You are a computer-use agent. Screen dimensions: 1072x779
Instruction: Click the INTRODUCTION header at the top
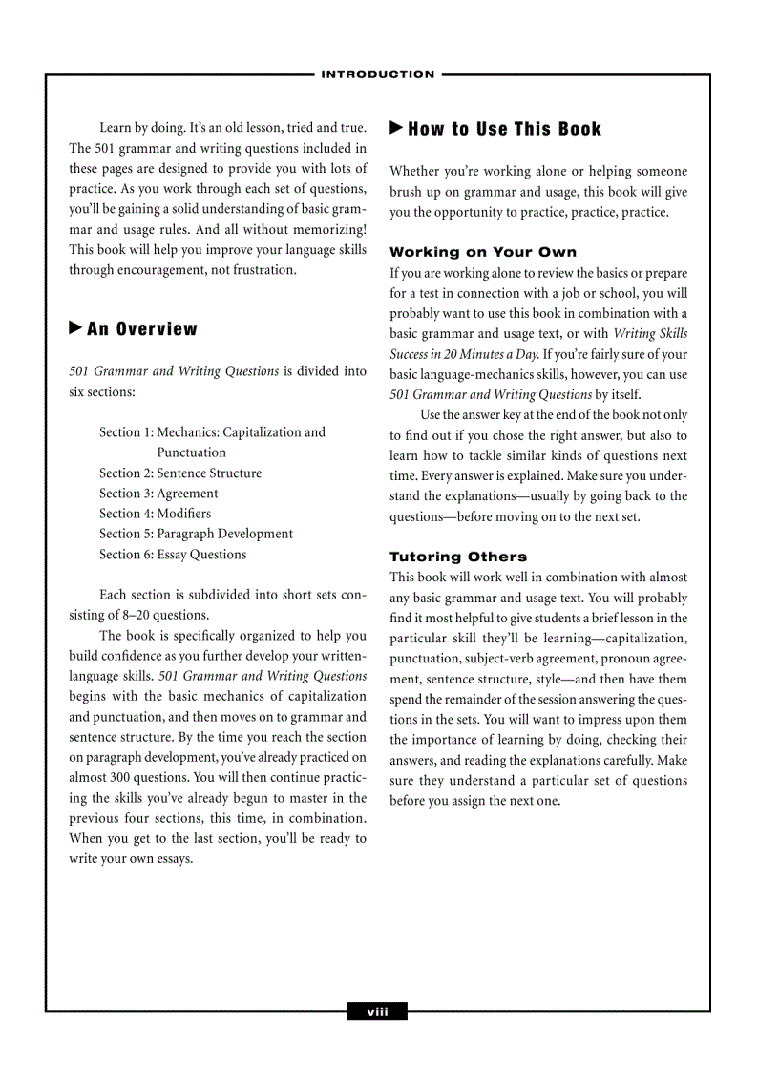(378, 74)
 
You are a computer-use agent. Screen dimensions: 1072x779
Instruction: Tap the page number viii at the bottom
(378, 1012)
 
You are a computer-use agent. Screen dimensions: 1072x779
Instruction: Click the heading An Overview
(142, 329)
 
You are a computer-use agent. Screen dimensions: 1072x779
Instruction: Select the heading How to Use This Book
(505, 129)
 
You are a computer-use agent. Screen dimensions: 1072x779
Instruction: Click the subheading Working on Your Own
(483, 252)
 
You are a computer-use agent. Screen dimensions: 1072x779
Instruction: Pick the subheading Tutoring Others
(458, 557)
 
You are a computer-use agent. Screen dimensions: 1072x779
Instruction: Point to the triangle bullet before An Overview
(75, 328)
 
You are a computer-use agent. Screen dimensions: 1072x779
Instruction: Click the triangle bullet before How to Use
(396, 128)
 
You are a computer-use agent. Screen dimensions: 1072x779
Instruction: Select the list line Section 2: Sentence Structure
(180, 473)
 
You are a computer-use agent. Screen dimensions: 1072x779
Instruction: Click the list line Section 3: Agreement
(158, 494)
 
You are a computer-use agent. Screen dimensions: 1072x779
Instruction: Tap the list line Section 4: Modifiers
(156, 514)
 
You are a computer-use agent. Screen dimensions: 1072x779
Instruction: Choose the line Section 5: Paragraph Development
(196, 534)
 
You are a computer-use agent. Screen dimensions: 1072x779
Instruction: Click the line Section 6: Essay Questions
(173, 555)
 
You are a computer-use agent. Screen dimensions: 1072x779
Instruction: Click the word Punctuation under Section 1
(192, 452)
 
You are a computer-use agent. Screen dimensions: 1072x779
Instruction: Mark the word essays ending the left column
(173, 858)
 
